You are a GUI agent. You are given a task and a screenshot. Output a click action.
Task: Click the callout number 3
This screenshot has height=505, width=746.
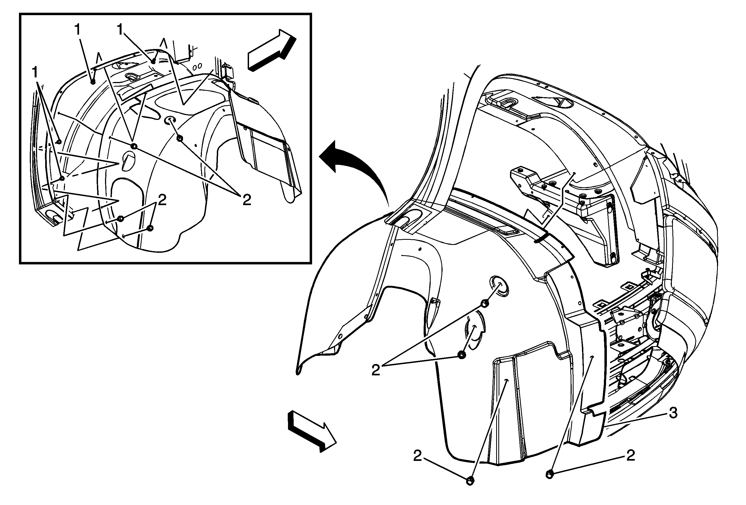click(673, 413)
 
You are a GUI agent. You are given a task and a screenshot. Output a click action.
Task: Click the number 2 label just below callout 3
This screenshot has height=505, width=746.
click(631, 455)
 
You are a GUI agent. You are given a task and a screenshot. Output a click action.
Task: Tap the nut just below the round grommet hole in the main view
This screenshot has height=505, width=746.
click(485, 303)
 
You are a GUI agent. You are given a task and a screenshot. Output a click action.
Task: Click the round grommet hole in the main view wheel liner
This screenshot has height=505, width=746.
click(499, 285)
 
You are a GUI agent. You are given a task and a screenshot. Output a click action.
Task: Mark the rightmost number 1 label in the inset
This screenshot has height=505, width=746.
click(120, 30)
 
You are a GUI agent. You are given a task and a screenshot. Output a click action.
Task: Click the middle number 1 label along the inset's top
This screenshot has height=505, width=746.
click(78, 30)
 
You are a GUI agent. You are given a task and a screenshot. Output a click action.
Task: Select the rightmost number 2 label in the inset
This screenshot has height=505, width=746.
click(247, 200)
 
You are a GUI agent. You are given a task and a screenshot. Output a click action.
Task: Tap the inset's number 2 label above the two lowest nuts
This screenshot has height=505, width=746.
click(162, 201)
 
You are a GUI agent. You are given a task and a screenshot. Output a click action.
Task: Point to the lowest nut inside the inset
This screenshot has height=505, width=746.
click(150, 228)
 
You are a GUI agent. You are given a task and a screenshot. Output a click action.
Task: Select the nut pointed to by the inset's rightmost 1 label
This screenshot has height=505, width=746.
click(153, 61)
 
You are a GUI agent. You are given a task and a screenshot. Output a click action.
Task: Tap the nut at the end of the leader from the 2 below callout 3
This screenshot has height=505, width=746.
click(549, 474)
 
